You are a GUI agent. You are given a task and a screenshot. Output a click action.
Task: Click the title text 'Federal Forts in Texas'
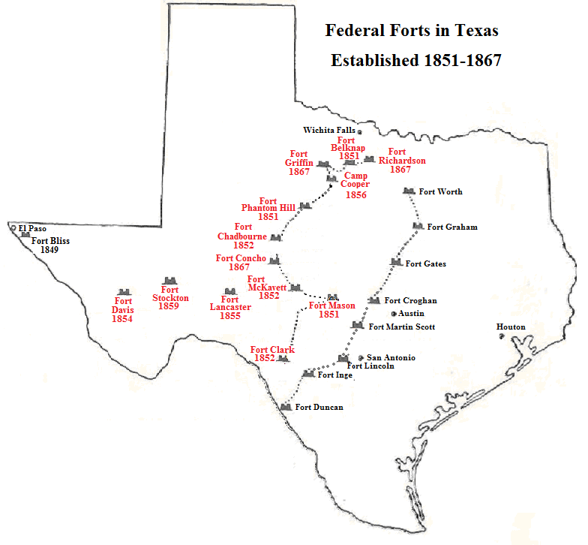point(411,32)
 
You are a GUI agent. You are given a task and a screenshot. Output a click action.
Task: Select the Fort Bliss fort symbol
point(25,234)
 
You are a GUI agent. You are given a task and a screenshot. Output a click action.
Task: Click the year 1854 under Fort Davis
point(122,319)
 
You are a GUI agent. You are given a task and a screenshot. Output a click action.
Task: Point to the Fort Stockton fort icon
point(169,280)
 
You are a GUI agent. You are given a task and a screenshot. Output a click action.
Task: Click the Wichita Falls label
point(328,130)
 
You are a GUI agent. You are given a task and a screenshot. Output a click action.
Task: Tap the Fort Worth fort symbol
point(409,191)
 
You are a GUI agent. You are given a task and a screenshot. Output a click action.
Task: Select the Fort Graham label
point(452,227)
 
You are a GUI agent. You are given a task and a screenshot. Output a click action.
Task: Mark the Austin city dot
point(393,313)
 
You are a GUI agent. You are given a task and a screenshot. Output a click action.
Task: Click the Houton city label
point(511,327)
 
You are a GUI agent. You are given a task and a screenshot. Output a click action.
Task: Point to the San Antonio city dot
point(361,358)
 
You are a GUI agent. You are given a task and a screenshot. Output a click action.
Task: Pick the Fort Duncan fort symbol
point(285,406)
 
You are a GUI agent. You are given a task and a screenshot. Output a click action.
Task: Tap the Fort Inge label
point(334,374)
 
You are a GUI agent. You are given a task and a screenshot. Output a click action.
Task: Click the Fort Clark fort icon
point(283,359)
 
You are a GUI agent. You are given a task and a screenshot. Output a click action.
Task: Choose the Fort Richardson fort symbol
point(369,159)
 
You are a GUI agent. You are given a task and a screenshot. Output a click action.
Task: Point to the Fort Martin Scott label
point(402,327)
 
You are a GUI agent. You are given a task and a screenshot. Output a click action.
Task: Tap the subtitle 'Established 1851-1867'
point(415,60)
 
